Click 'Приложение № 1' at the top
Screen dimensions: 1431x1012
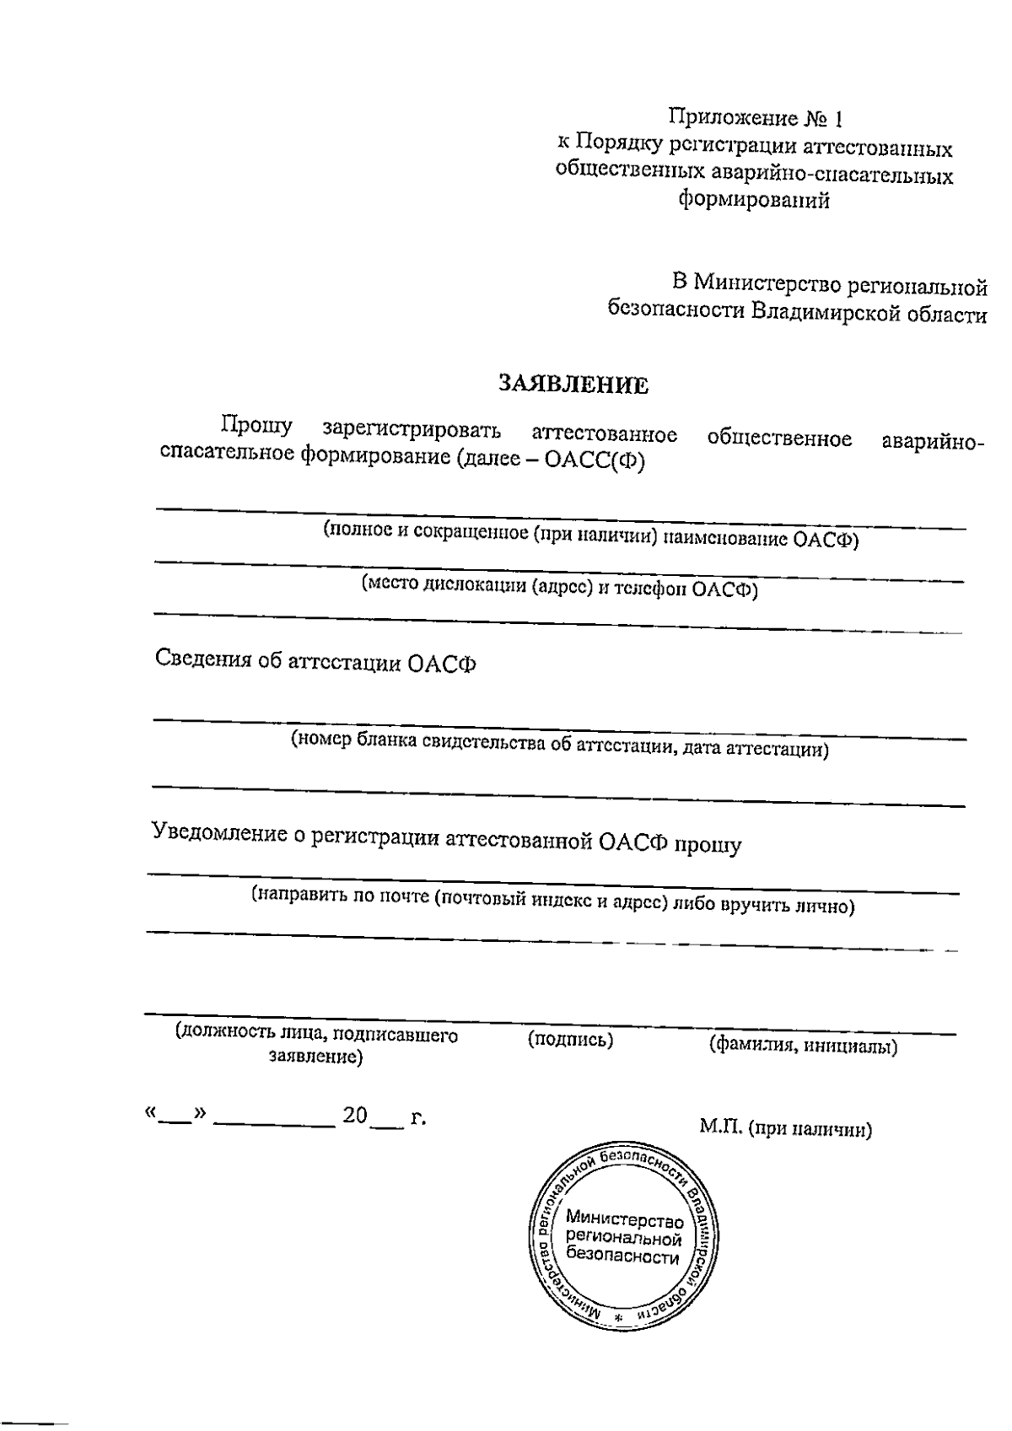tap(756, 116)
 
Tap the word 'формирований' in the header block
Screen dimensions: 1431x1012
tap(754, 201)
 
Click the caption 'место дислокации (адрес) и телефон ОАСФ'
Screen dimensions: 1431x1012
tap(559, 588)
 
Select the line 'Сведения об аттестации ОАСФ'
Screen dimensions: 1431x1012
tap(315, 662)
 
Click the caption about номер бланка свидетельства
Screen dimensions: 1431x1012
tap(559, 745)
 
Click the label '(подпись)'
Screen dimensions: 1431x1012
tap(570, 1041)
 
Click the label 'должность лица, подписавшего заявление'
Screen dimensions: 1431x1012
tap(316, 1046)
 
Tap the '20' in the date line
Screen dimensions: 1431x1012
tap(354, 1116)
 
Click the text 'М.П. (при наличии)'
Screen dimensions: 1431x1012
tap(785, 1129)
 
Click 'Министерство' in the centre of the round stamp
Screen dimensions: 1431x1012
tap(624, 1219)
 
